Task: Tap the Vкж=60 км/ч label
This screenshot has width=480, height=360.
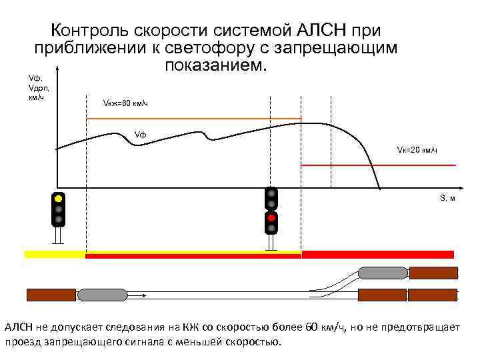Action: pyautogui.click(x=125, y=104)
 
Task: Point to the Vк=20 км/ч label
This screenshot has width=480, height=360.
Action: pyautogui.click(x=417, y=149)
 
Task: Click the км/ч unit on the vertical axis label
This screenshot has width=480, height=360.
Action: pyautogui.click(x=37, y=98)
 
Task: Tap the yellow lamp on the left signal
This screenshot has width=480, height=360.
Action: pyautogui.click(x=59, y=198)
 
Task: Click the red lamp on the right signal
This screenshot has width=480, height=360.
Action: pyautogui.click(x=271, y=217)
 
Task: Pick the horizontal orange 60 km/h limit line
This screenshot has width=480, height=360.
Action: pyautogui.click(x=193, y=118)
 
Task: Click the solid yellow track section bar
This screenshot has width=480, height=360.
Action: pyautogui.click(x=55, y=254)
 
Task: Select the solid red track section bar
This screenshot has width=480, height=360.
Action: pyautogui.click(x=377, y=254)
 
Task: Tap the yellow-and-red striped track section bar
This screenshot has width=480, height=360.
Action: pyautogui.click(x=193, y=254)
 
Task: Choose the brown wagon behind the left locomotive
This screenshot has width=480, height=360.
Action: pyautogui.click(x=51, y=295)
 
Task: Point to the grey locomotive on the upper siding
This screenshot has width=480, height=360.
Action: pyautogui.click(x=383, y=272)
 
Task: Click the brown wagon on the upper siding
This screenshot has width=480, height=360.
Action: pyautogui.click(x=433, y=272)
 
